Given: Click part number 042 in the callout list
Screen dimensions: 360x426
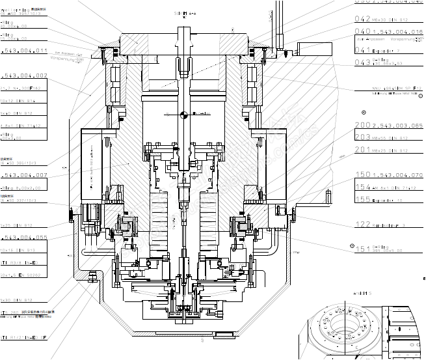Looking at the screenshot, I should (362, 20).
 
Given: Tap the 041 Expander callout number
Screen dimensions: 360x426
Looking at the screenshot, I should (362, 49).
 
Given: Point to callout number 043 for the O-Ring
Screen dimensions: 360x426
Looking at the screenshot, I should (362, 62).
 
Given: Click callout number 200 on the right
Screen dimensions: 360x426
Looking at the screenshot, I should (362, 125).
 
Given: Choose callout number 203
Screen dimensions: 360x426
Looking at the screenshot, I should (362, 137).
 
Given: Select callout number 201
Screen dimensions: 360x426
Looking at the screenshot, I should (362, 149).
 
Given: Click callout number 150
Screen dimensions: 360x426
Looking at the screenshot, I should (362, 174).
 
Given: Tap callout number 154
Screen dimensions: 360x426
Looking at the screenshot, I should (362, 187).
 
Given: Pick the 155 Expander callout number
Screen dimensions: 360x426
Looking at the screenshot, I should (362, 199).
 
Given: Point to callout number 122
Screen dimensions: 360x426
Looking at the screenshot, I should (362, 225).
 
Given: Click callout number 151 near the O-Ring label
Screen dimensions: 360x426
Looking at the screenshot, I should (362, 249).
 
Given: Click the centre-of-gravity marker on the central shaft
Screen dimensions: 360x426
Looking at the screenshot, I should (184, 116).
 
